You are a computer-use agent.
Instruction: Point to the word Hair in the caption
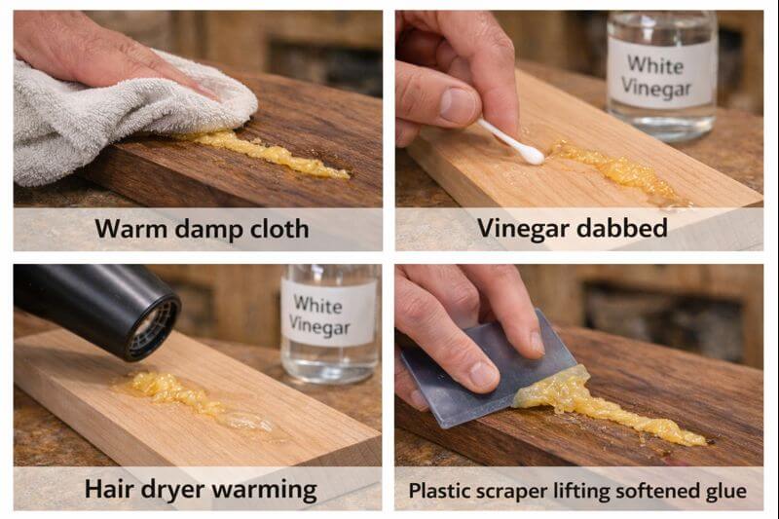108,489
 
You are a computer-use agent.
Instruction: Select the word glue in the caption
726,490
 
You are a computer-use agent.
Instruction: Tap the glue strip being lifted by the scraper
604,409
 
